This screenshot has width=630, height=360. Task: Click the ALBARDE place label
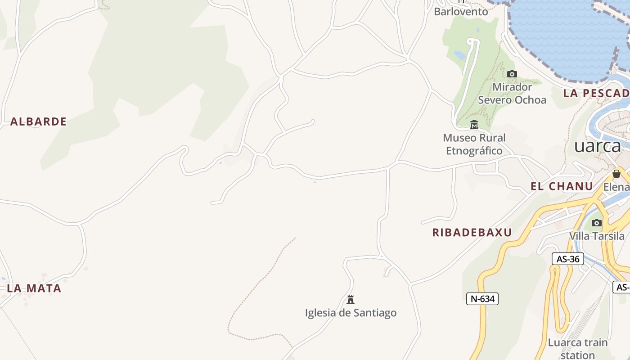(x=38, y=121)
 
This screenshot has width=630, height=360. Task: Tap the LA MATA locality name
(x=34, y=288)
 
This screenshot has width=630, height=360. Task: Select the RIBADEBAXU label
(x=472, y=233)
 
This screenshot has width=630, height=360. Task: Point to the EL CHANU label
(x=562, y=186)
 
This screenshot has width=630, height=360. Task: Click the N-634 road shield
(x=482, y=298)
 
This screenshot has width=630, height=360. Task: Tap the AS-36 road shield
(x=567, y=259)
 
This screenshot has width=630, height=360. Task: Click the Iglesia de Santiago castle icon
(x=351, y=299)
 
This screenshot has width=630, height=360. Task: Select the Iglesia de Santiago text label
(x=351, y=313)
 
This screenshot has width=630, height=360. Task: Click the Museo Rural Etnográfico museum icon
(x=474, y=125)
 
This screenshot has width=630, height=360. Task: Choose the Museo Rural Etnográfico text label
(x=474, y=144)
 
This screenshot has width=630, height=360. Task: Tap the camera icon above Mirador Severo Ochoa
(x=512, y=74)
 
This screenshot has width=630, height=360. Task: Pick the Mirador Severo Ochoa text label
(x=512, y=93)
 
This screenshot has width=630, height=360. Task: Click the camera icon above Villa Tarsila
(x=597, y=223)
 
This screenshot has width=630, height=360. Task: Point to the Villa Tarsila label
(x=597, y=236)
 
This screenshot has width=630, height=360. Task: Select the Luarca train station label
(x=577, y=348)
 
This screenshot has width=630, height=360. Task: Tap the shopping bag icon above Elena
(x=616, y=174)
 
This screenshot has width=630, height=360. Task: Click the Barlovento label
(x=461, y=12)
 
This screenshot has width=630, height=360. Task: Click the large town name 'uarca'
(x=598, y=146)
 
